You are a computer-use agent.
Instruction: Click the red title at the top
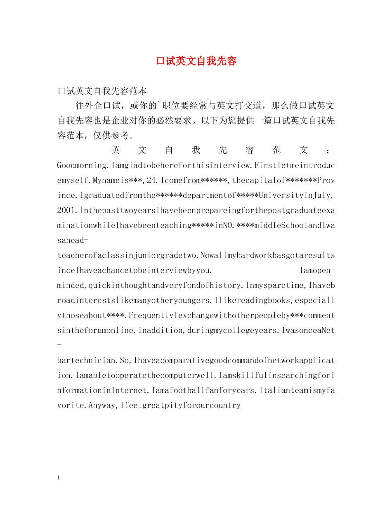pyautogui.click(x=196, y=61)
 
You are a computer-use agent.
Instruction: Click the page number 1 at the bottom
pyautogui.click(x=58, y=478)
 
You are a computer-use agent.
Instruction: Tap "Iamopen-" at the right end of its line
pyautogui.click(x=317, y=271)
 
